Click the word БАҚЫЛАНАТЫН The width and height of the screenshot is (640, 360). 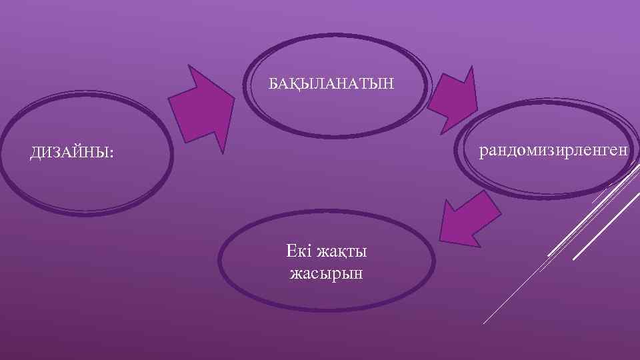click(331, 85)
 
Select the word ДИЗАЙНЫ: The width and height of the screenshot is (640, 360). click(71, 154)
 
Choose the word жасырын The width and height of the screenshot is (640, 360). click(327, 273)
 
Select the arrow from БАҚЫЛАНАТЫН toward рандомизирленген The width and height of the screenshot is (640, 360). click(453, 101)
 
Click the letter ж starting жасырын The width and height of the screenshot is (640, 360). click(295, 273)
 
